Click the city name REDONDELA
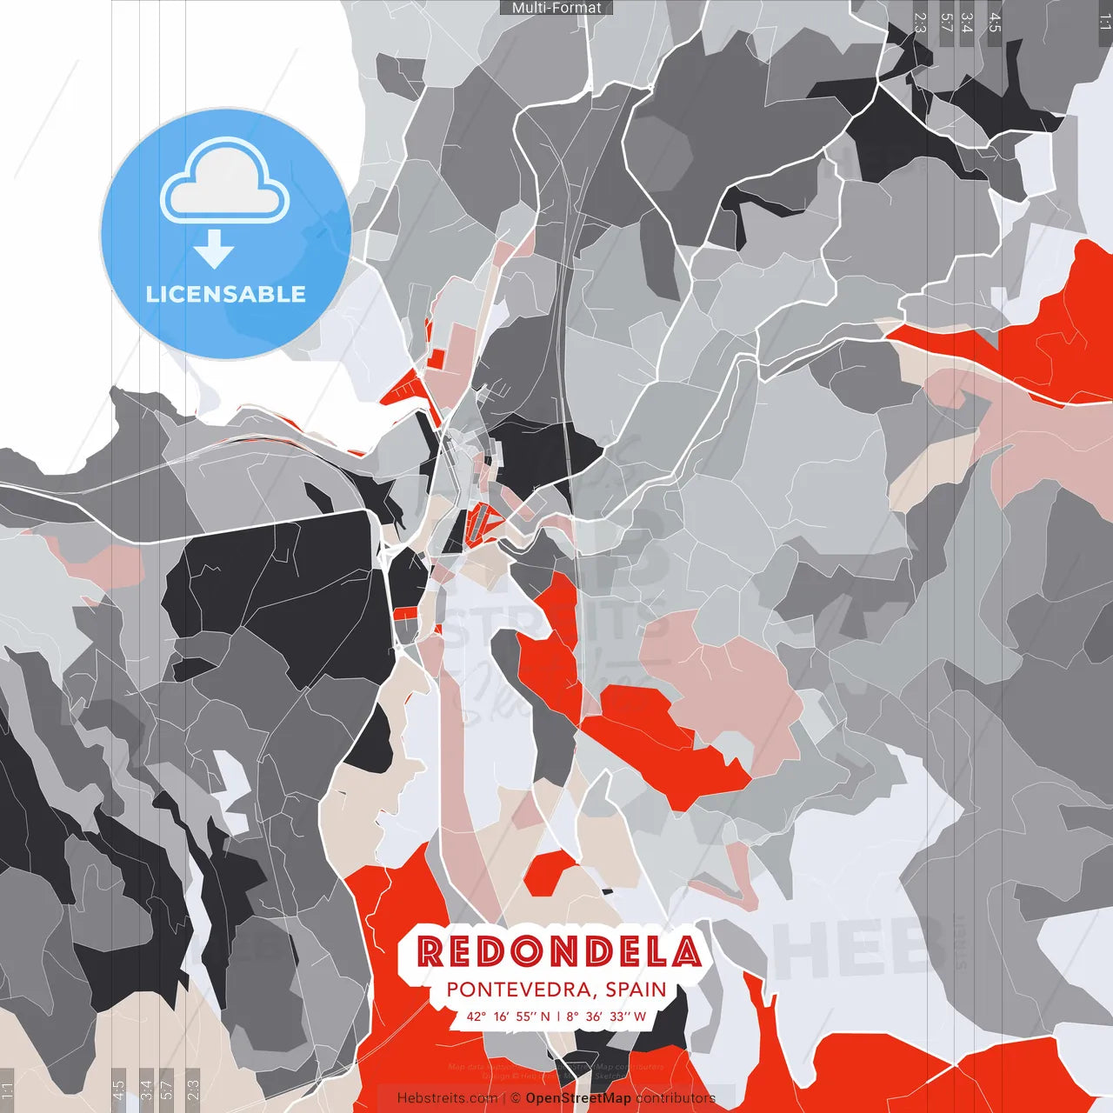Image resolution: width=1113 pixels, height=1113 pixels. [x=558, y=952]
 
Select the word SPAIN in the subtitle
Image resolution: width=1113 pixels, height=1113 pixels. [x=636, y=990]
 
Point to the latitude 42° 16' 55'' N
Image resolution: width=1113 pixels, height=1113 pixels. [x=508, y=1016]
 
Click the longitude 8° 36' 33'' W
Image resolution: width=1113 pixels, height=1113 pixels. [x=606, y=1016]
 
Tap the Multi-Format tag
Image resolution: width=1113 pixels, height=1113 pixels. [x=556, y=8]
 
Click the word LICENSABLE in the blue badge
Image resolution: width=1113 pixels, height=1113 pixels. [x=225, y=294]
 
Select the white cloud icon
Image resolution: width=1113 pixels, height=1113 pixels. [x=225, y=180]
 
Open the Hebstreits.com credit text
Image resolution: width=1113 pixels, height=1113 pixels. [x=447, y=1098]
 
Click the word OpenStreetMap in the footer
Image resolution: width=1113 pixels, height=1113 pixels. [x=578, y=1098]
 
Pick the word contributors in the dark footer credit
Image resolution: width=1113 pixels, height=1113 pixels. [x=676, y=1098]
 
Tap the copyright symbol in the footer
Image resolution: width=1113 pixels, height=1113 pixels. [x=516, y=1098]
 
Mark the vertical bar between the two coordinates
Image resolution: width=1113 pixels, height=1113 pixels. [x=558, y=1016]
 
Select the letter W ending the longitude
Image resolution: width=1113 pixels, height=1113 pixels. [x=640, y=1016]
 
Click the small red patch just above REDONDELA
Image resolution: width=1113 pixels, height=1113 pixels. [x=550, y=872]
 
